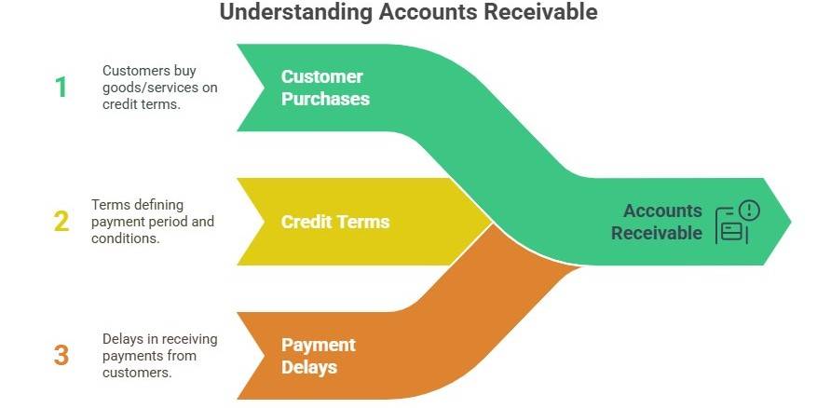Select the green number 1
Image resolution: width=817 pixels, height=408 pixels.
pos(61,88)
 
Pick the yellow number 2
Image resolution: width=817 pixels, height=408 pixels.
pos(61,222)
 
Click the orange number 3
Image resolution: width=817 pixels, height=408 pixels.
pos(61,355)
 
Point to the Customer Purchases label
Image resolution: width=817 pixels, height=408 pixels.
pos(325,88)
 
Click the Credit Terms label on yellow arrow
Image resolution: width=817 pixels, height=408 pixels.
pos(335,222)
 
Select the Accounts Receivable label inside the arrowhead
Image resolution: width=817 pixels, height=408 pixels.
pos(657,222)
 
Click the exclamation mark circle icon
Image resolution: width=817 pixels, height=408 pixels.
pos(749,211)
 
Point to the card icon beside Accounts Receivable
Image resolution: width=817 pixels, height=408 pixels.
pos(730,230)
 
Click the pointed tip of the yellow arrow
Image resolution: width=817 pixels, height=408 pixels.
pos(491,222)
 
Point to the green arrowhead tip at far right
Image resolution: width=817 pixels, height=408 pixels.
pos(789,222)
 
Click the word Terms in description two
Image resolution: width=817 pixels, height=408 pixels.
pos(109,205)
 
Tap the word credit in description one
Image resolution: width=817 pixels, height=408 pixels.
pos(118,104)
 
